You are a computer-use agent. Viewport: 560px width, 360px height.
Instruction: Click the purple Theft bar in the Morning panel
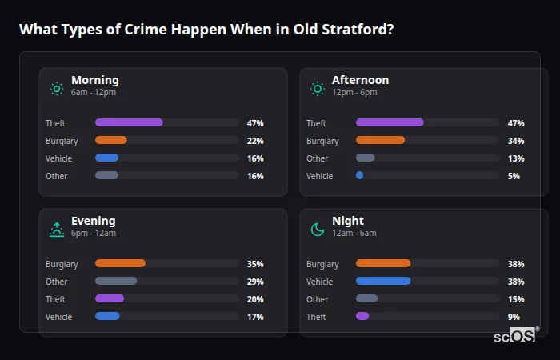129,122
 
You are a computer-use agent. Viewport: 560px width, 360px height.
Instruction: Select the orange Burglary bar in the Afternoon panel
380,140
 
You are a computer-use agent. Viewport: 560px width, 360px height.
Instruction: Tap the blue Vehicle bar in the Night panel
382,281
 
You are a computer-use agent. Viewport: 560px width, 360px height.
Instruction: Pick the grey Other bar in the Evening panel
116,281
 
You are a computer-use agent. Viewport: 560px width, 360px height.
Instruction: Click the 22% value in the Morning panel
255,141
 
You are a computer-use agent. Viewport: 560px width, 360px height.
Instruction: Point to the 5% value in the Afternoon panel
514,176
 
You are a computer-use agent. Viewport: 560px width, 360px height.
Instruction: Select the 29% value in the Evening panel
255,282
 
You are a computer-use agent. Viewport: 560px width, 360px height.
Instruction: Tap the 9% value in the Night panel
514,317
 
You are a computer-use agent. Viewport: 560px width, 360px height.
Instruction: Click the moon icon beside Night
318,230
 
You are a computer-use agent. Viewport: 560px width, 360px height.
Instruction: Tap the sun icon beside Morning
57,89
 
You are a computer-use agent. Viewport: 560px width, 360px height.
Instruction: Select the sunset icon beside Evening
57,230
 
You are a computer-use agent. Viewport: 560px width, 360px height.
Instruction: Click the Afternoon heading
360,80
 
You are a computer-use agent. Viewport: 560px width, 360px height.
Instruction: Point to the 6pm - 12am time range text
94,234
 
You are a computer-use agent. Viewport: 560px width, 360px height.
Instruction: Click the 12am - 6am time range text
354,234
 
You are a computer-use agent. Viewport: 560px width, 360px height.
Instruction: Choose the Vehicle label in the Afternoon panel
319,176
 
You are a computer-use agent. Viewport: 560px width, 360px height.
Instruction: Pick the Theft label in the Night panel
316,317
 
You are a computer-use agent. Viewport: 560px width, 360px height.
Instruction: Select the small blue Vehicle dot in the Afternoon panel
359,175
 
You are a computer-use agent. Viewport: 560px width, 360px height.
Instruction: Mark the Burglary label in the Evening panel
62,264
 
